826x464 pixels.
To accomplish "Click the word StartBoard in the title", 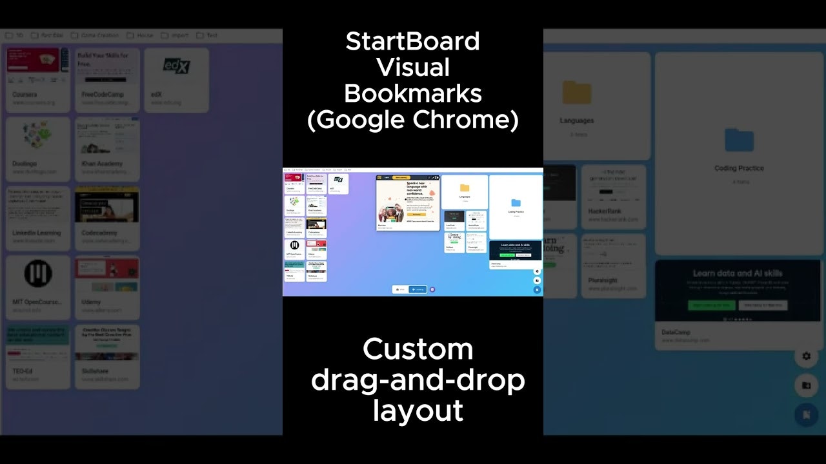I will pos(412,42).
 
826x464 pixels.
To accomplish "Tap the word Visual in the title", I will pos(412,68).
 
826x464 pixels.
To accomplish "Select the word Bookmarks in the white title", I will pos(412,94).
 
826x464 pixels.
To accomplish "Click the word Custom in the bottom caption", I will pos(418,350).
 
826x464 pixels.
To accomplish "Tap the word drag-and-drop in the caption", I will pos(418,380).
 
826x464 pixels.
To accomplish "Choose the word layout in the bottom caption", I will pos(418,411).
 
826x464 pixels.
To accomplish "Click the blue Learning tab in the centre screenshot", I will pos(417,289).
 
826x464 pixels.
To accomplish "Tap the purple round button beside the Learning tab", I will pos(432,289).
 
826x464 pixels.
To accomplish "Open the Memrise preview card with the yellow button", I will pos(408,202).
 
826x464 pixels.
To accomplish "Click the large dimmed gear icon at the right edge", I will pos(806,356).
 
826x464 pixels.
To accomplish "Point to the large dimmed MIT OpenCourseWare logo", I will pos(38,274).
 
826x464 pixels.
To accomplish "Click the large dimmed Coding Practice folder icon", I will pos(739,139).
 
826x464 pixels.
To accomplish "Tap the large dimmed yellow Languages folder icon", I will pos(577,92).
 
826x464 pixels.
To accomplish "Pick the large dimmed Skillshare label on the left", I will pos(96,371).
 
